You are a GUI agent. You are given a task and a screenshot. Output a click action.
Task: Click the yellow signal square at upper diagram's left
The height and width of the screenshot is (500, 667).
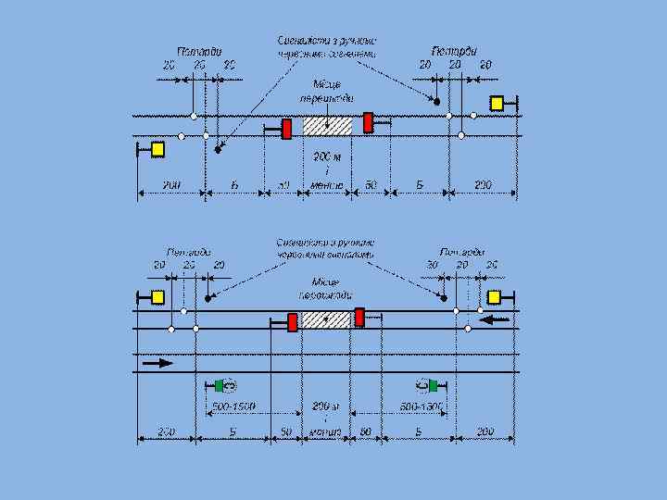click(157, 148)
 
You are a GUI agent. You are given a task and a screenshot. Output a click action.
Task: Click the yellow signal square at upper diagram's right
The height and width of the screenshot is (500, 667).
click(497, 104)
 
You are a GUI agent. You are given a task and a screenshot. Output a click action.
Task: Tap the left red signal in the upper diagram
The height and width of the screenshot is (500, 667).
click(287, 128)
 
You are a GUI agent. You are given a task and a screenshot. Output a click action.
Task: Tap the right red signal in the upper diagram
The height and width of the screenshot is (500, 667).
click(368, 122)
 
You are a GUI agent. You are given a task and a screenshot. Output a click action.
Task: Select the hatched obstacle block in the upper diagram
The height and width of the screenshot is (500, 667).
click(328, 126)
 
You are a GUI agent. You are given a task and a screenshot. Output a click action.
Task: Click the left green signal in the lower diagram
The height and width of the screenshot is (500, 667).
click(220, 385)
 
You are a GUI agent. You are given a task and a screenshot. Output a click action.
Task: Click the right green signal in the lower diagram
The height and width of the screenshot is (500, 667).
click(433, 385)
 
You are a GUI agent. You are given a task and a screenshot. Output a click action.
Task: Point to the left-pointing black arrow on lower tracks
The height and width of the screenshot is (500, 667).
click(495, 319)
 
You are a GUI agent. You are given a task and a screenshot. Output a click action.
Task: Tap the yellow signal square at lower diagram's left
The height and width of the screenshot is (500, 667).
click(157, 297)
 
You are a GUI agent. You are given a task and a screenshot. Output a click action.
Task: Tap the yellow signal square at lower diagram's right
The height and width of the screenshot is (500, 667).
click(494, 296)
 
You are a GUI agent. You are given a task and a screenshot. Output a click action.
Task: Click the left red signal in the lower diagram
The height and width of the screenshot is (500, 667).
click(292, 322)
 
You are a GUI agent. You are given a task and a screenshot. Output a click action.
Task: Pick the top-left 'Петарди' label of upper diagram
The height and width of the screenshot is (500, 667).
click(199, 51)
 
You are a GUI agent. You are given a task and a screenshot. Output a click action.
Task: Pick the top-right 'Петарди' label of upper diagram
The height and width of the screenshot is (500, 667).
click(454, 51)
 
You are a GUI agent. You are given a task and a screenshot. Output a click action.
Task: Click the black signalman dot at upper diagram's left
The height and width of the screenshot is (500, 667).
click(219, 148)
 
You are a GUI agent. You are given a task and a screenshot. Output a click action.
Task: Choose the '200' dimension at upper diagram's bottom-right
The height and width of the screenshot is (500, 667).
click(484, 185)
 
